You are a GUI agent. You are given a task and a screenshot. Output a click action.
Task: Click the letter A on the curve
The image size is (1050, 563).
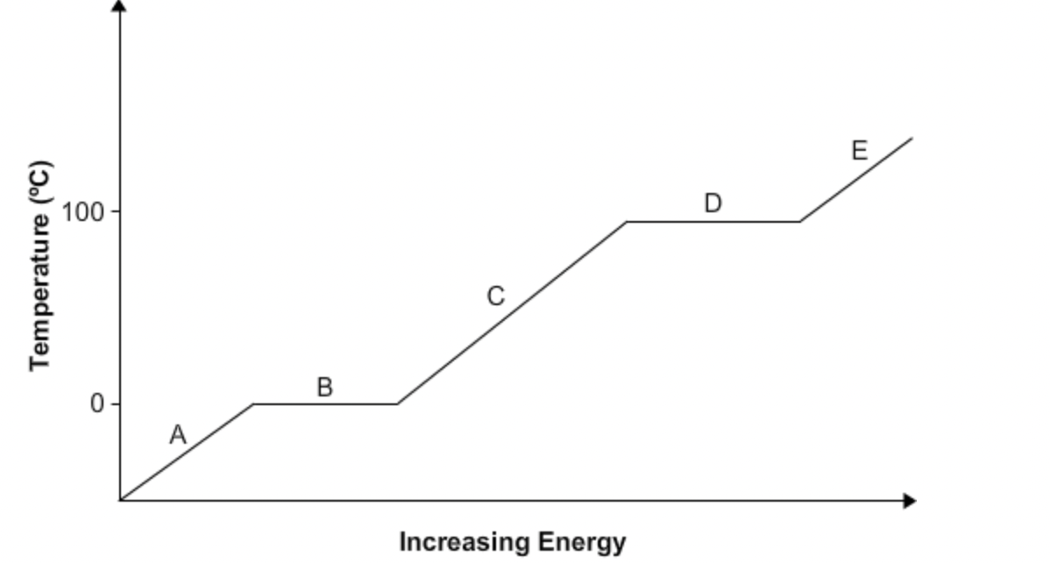point(178,435)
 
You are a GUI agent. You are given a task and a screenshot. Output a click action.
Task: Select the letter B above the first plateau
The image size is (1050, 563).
point(324,387)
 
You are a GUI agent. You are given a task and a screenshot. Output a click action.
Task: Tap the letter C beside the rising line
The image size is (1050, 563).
point(495,296)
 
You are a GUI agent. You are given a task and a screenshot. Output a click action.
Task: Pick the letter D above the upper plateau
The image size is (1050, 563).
point(713,203)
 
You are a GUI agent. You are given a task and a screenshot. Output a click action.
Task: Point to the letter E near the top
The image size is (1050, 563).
point(859,151)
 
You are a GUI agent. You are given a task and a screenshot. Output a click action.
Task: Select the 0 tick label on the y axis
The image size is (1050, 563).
point(96,404)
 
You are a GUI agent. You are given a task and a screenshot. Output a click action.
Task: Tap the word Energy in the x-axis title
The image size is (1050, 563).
point(581,542)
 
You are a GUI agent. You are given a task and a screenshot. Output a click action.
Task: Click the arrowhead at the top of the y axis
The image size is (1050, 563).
point(120,7)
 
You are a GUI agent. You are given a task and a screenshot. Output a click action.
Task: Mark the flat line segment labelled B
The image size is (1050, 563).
point(324,404)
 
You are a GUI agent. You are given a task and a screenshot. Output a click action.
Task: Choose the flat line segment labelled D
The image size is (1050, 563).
point(713,222)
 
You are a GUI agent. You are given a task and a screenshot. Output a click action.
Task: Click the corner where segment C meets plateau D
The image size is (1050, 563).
point(627,222)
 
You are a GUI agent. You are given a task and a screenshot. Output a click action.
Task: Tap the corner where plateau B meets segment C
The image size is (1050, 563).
point(397,404)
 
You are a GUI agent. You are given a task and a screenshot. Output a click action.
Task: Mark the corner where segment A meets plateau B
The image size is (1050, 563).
point(253,404)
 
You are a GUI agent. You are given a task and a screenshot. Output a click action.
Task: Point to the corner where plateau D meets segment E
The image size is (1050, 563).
point(799,222)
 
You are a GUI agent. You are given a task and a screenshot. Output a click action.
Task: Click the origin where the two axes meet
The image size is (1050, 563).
point(120,501)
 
